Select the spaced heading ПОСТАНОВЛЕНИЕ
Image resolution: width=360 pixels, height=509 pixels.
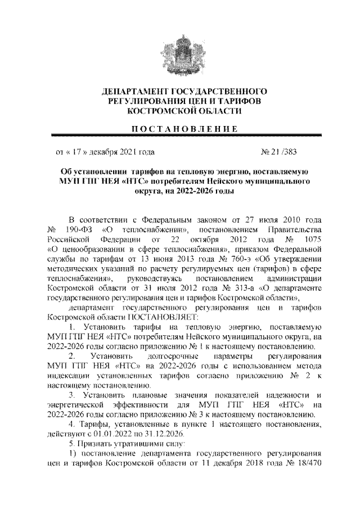[180, 129]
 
